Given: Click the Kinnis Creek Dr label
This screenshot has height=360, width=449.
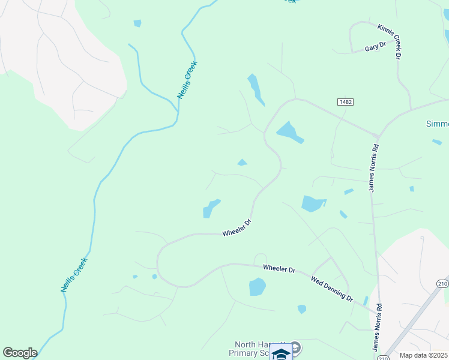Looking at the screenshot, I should [390, 41].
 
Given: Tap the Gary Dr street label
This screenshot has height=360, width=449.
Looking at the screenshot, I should [375, 47].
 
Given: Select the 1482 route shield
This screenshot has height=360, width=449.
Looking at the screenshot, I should [345, 102].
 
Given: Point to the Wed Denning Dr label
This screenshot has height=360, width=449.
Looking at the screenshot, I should [332, 289].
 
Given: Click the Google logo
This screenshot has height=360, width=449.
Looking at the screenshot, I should [20, 353].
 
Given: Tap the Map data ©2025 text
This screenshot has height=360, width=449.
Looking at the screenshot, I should [424, 355].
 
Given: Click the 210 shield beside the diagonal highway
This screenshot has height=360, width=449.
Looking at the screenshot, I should [443, 283].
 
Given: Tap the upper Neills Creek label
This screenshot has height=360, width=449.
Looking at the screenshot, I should [187, 80].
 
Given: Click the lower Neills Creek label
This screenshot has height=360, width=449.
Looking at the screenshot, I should [74, 275].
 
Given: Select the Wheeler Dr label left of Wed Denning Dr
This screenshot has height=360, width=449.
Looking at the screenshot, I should [279, 269].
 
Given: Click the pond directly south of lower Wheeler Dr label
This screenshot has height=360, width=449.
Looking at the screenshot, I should [257, 287].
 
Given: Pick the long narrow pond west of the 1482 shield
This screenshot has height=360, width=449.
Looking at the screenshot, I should [255, 89].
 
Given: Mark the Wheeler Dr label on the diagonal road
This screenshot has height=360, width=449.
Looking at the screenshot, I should [236, 227].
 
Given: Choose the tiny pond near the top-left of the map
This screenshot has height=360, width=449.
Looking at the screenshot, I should [137, 23].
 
